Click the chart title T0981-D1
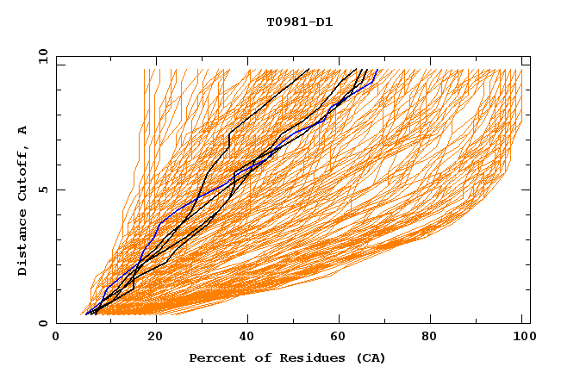tap(299, 22)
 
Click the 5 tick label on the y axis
tap(43, 189)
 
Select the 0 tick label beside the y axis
tap(43, 323)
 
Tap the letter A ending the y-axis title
tap(22, 130)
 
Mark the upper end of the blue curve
tap(377, 70)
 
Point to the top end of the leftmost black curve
tap(309, 69)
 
